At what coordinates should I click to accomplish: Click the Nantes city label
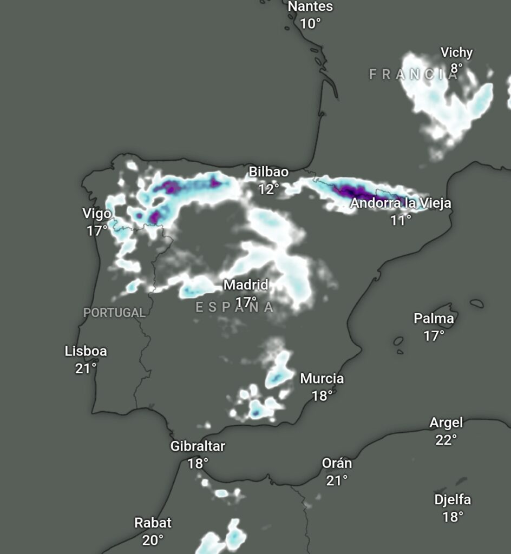pyautogui.click(x=310, y=7)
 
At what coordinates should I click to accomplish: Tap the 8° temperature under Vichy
pyautogui.click(x=457, y=68)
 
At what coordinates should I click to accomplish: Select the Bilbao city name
pyautogui.click(x=268, y=172)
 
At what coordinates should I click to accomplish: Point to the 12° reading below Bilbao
pyautogui.click(x=268, y=189)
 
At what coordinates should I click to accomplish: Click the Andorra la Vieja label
pyautogui.click(x=401, y=203)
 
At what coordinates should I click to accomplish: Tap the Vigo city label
pyautogui.click(x=97, y=213)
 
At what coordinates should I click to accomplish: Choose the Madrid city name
pyautogui.click(x=246, y=285)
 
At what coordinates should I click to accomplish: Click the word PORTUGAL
pyautogui.click(x=114, y=313)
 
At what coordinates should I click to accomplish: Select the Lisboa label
pyautogui.click(x=86, y=351)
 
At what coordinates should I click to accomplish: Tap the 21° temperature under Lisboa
pyautogui.click(x=86, y=368)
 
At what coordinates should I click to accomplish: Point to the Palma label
pyautogui.click(x=434, y=319)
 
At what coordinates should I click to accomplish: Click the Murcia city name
pyautogui.click(x=322, y=379)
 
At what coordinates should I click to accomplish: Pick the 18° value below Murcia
pyautogui.click(x=322, y=396)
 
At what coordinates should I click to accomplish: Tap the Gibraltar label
pyautogui.click(x=198, y=446)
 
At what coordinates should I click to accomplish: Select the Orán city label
pyautogui.click(x=337, y=464)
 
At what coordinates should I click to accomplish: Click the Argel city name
pyautogui.click(x=447, y=423)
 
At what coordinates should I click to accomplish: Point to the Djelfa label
pyautogui.click(x=453, y=500)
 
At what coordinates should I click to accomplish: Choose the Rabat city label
pyautogui.click(x=153, y=523)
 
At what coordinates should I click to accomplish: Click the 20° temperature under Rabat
pyautogui.click(x=153, y=540)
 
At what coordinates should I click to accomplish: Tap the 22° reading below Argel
pyautogui.click(x=447, y=440)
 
